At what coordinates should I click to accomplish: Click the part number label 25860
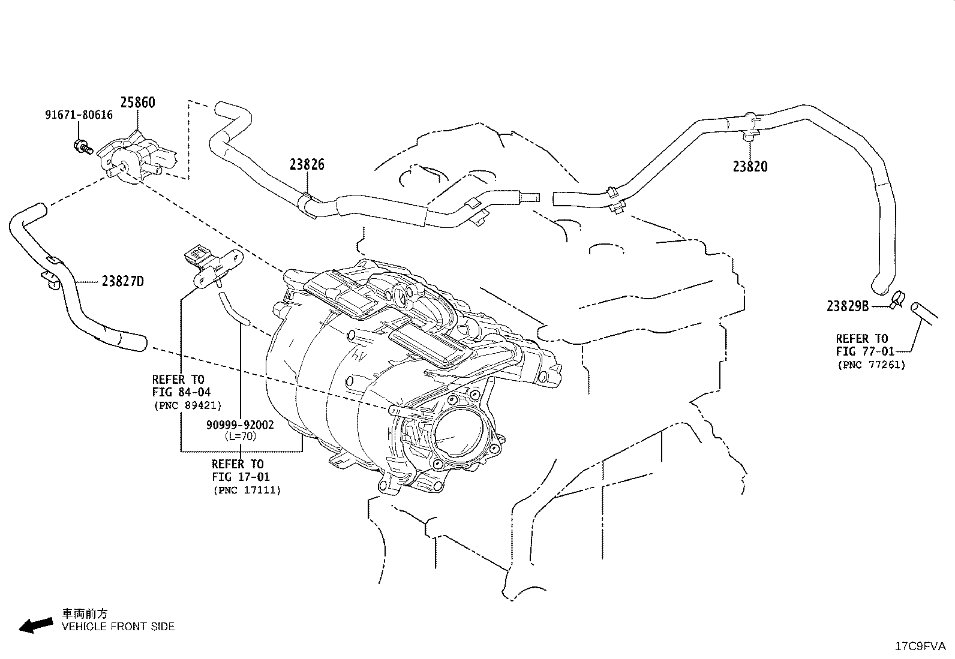137,102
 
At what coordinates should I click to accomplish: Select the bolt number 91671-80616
79,115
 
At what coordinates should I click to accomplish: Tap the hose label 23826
307,164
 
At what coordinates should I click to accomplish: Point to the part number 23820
750,167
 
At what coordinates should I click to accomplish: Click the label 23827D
122,281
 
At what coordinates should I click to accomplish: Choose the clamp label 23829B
848,306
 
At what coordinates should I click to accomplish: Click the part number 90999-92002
240,425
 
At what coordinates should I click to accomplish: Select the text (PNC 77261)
871,365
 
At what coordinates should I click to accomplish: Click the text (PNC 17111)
247,490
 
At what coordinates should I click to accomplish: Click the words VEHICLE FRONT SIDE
118,627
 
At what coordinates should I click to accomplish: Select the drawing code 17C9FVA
920,646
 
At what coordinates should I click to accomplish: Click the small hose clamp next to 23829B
897,299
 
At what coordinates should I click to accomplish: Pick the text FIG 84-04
181,392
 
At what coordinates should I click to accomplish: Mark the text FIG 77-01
864,351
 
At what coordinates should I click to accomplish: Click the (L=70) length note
240,437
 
